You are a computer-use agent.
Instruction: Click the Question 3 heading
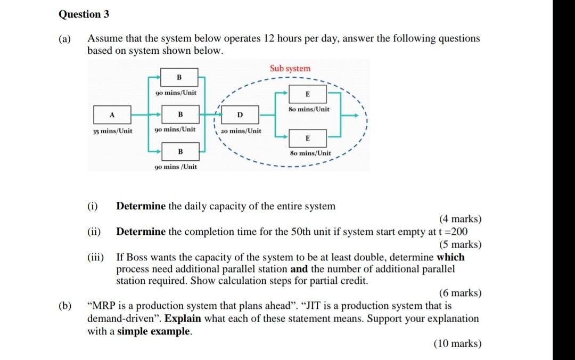click(x=84, y=14)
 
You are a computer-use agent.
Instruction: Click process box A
click(x=112, y=114)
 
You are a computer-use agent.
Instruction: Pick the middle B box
click(x=179, y=114)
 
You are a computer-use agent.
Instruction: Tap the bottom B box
click(x=179, y=151)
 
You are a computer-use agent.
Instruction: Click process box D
click(x=240, y=115)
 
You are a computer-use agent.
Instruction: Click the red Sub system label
click(x=290, y=68)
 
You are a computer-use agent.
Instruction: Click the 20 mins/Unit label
click(x=241, y=131)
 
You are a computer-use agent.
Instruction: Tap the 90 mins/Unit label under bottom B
click(x=175, y=167)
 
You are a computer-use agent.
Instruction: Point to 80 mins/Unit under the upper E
click(x=309, y=109)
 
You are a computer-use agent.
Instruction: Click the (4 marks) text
click(x=460, y=219)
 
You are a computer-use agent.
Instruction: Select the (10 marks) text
click(x=458, y=343)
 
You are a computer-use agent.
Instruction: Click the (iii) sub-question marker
click(x=96, y=257)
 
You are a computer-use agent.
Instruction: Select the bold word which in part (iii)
click(x=450, y=257)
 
